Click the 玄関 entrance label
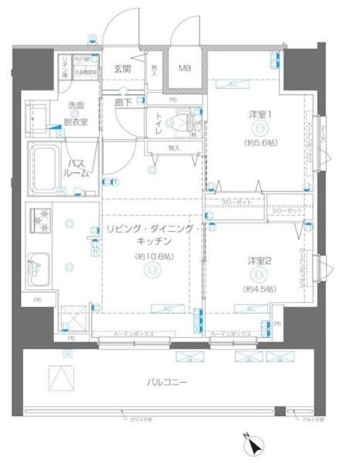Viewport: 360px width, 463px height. click(122, 70)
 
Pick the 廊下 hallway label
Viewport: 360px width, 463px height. click(122, 103)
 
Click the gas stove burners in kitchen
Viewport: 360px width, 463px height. click(38, 218)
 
